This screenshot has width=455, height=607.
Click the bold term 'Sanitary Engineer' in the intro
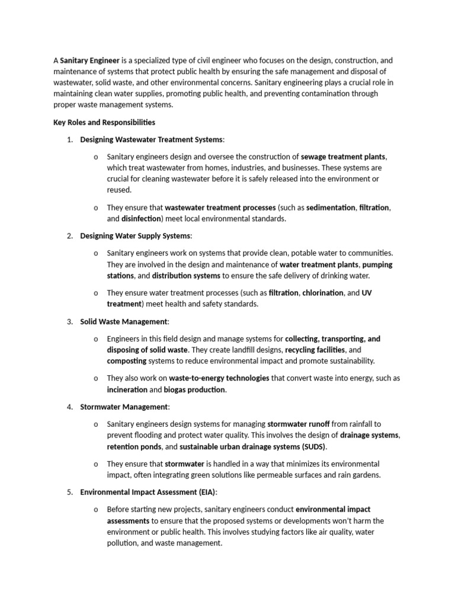(90, 60)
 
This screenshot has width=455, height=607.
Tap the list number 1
(69, 139)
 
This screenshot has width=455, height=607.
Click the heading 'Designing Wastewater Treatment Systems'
(152, 139)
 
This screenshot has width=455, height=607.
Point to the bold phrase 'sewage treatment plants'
(343, 156)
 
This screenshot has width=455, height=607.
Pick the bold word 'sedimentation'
(331, 207)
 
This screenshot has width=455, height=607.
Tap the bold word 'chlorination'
(323, 293)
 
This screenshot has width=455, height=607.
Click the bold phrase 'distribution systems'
(186, 276)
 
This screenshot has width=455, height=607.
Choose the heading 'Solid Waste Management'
(124, 321)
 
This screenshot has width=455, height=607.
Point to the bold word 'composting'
(126, 360)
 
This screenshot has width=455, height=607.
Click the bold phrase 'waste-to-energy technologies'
(219, 378)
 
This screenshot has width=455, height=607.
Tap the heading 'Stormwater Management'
(124, 407)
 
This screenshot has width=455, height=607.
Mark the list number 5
(69, 492)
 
